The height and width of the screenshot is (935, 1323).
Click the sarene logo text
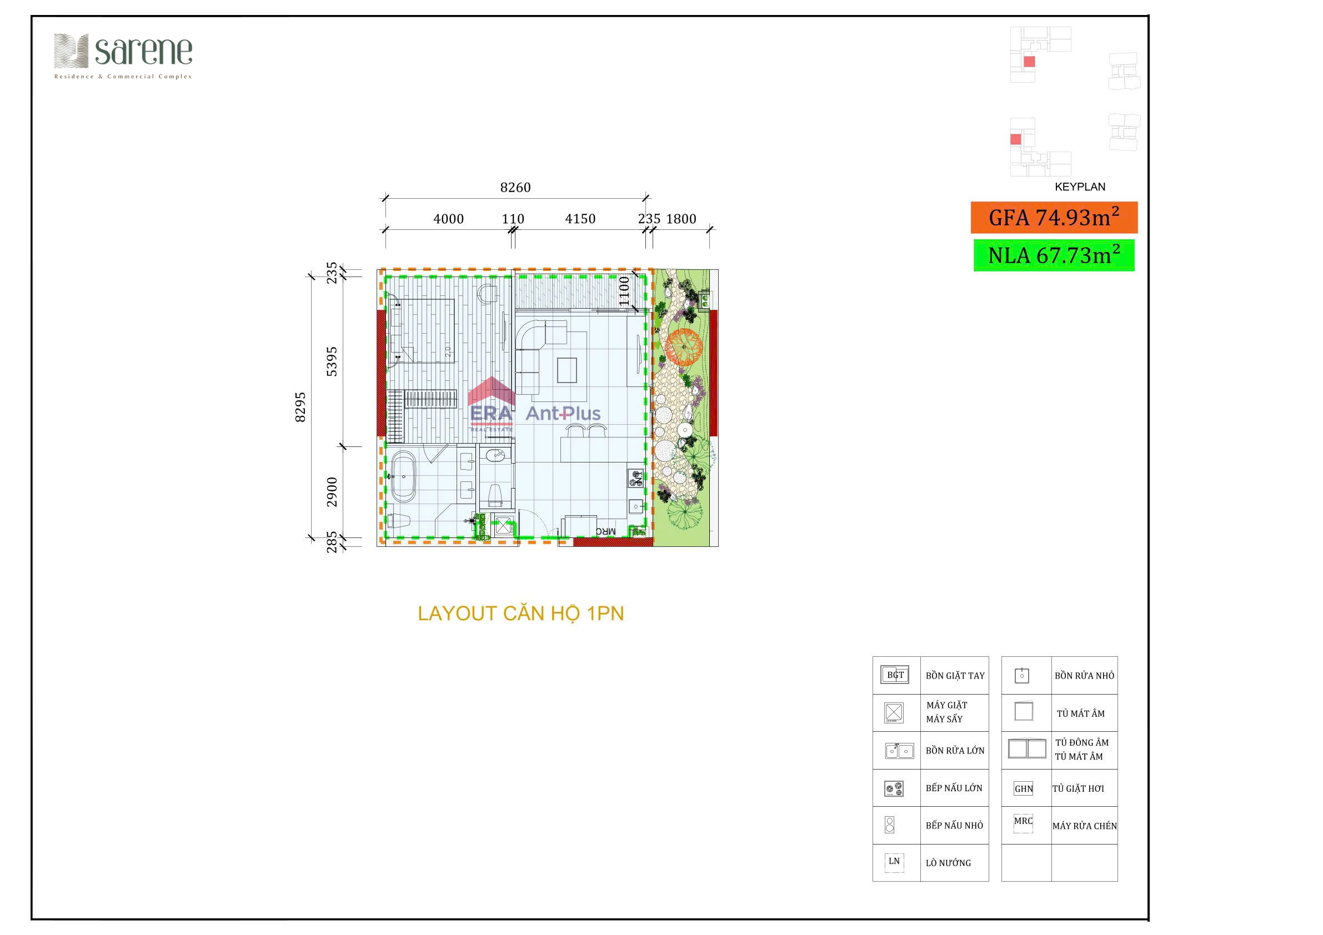(143, 52)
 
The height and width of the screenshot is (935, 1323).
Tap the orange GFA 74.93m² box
(1053, 218)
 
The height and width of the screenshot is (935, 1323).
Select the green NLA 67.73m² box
(1053, 255)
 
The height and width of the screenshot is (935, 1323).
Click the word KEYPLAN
(1079, 187)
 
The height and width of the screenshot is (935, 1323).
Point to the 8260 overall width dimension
(515, 188)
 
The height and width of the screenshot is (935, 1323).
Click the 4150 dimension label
(580, 219)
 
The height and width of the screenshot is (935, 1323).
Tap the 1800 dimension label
(680, 219)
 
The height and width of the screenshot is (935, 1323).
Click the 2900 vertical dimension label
(332, 491)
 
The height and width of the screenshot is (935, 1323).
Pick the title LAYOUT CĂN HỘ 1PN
(520, 614)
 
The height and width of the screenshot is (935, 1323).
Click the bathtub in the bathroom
(403, 476)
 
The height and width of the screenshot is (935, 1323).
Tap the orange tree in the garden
(684, 347)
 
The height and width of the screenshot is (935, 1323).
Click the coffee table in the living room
(567, 370)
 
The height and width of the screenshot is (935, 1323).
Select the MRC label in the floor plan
(605, 531)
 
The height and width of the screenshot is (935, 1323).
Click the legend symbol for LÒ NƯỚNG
(894, 862)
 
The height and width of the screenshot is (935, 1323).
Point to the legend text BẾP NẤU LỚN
(954, 788)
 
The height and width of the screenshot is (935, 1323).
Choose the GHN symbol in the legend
(1024, 788)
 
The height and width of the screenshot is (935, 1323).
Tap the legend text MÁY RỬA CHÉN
(1084, 826)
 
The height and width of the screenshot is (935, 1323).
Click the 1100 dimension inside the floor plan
(624, 291)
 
